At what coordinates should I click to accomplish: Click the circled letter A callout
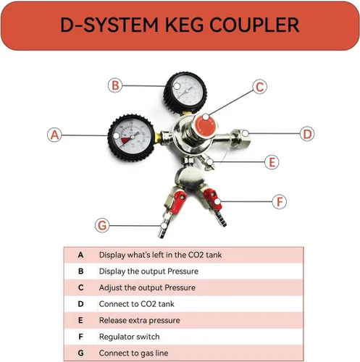pos(54,135)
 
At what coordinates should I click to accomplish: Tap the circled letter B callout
pos(115,85)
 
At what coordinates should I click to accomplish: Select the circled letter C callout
pos(260,87)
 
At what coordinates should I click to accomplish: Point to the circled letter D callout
pos(307,134)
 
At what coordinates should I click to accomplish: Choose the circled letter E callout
pos(272,162)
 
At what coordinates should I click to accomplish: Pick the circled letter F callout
pos(280,201)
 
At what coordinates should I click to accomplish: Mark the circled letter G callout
pos(102,225)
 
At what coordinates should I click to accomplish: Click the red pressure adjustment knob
pos(205,125)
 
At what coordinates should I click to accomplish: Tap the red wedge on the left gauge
pos(126,140)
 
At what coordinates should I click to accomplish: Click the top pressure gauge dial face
pos(185,92)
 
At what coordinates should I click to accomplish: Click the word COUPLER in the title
pos(254,25)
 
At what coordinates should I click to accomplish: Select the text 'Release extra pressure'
pos(140,320)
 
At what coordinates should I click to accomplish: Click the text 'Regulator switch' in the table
pos(130,337)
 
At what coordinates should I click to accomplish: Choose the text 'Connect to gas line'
pos(133,353)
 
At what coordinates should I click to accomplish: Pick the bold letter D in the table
pos(80,304)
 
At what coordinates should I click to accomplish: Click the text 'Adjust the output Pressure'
pos(147,287)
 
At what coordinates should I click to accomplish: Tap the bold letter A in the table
pos(80,255)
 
